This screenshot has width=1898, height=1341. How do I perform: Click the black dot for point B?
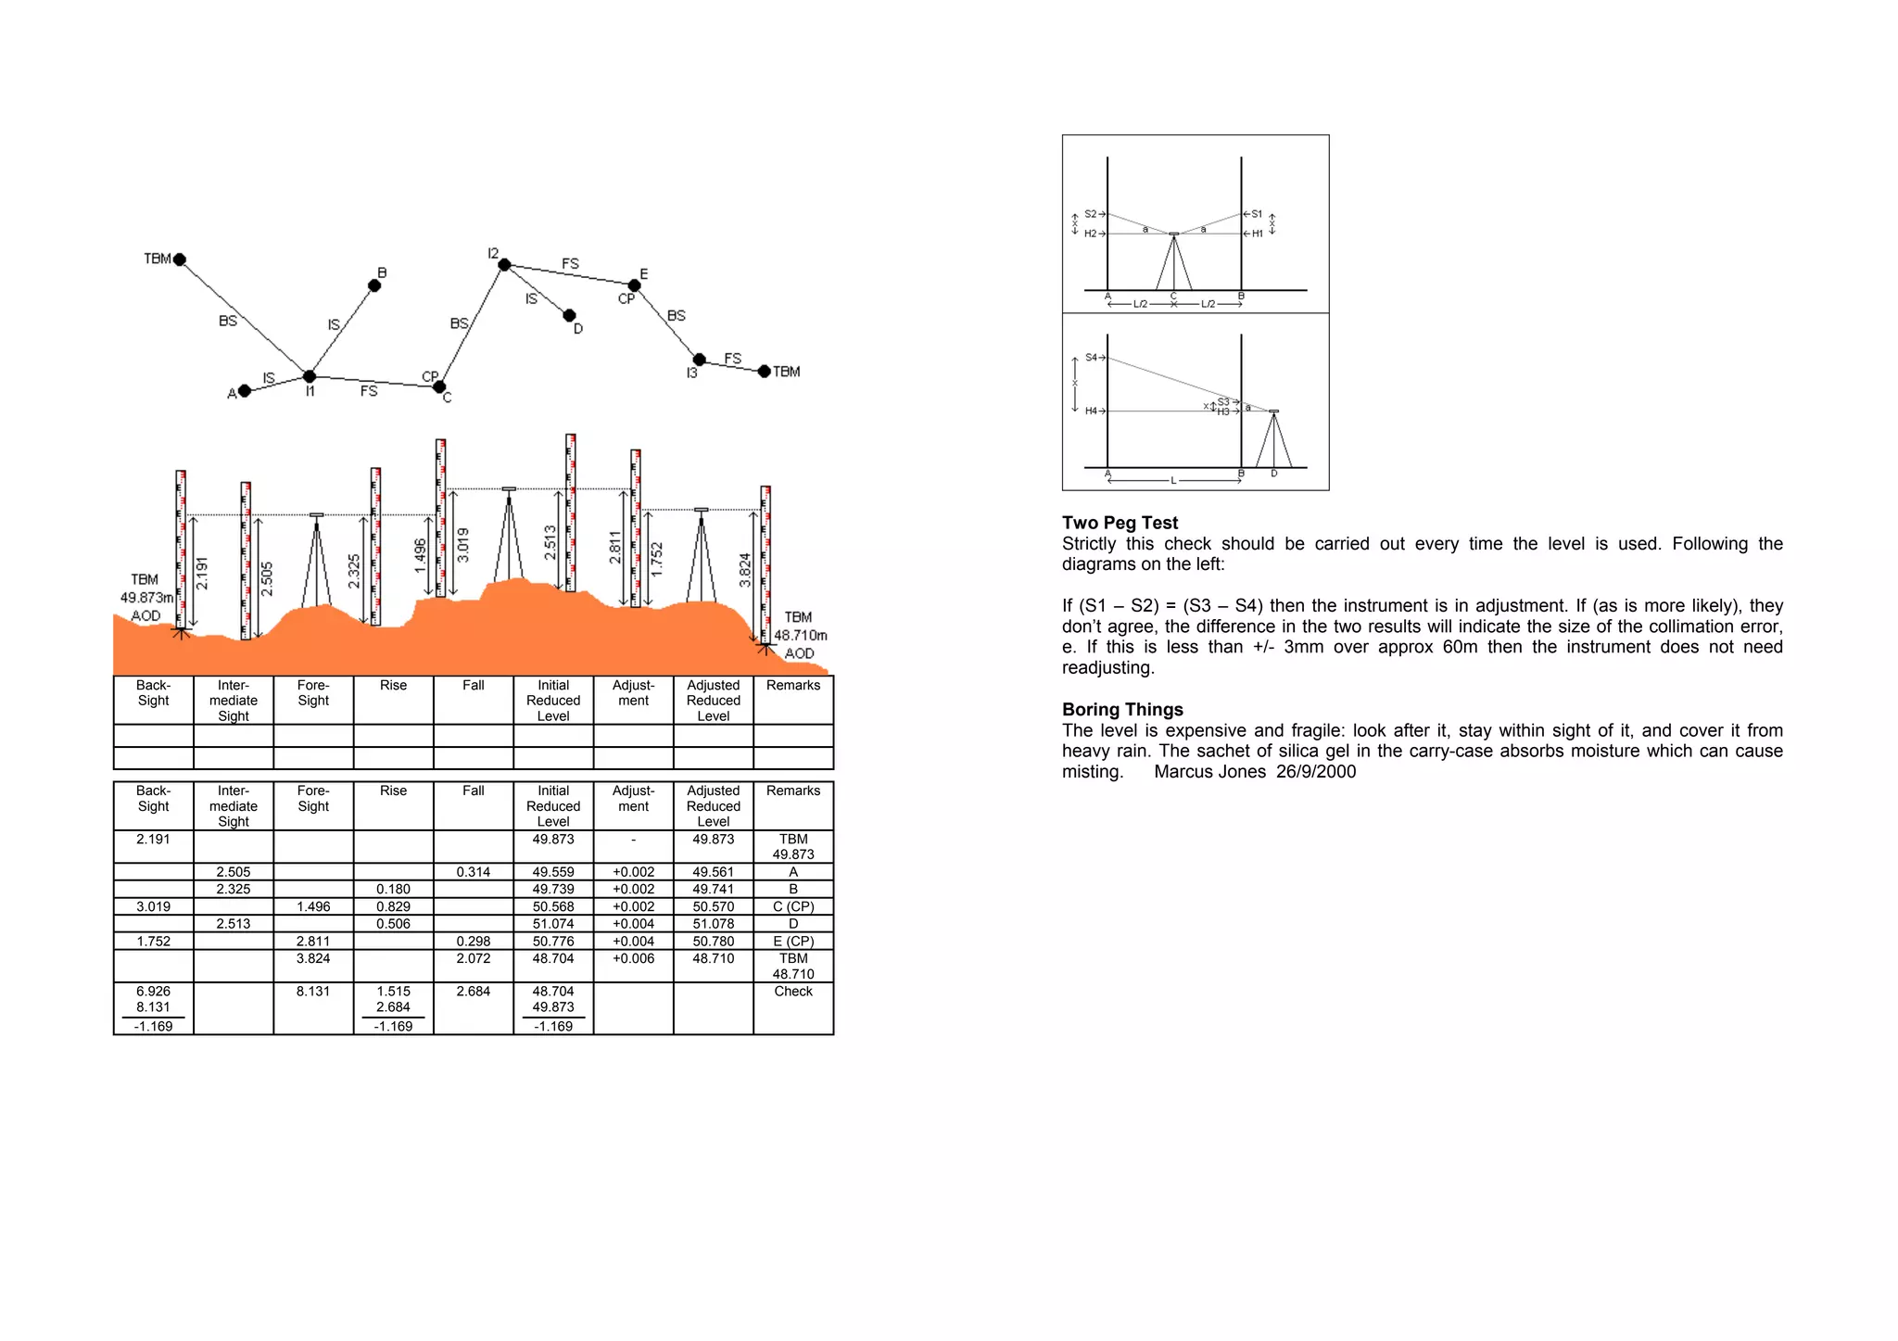point(374,285)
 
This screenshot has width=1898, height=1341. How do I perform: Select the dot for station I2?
point(504,265)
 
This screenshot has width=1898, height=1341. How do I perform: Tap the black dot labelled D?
point(569,316)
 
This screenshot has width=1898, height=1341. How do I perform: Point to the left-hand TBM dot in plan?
point(180,259)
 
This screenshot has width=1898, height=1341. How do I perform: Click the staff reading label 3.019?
point(463,545)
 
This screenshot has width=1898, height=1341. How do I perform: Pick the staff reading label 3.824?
point(745,570)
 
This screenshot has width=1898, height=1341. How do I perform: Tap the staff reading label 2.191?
point(202,573)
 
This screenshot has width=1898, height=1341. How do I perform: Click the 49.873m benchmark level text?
point(146,598)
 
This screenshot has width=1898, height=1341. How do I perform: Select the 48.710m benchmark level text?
point(801,636)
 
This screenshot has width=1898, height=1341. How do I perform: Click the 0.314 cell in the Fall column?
point(473,872)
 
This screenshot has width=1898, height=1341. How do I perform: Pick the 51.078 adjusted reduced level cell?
point(713,924)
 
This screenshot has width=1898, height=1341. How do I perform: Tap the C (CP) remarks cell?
point(793,906)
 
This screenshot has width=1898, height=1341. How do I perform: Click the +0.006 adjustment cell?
point(633,958)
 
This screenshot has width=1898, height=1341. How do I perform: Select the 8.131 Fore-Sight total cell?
point(313,991)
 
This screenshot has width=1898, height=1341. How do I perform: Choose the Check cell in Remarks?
point(793,991)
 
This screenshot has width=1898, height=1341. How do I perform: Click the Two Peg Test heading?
point(1120,523)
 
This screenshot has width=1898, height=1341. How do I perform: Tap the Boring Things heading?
point(1122,710)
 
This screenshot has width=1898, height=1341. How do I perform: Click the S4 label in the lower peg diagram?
point(1091,358)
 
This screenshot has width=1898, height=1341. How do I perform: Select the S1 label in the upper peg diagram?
point(1257,214)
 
